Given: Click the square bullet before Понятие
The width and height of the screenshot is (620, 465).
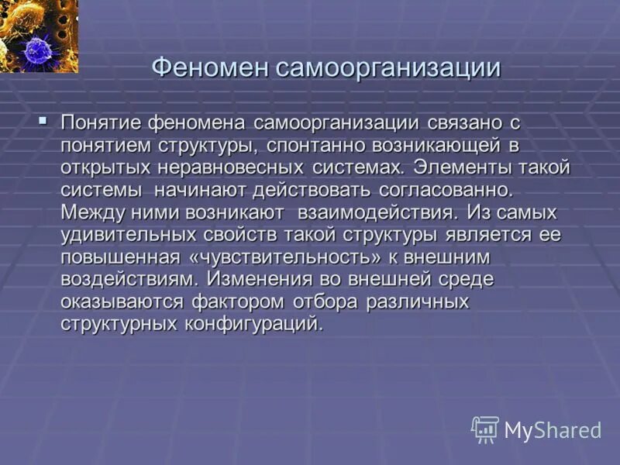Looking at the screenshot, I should [43, 121].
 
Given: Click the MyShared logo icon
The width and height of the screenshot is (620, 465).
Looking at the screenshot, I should [485, 429].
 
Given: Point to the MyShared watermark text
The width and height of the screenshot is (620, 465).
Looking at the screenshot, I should [553, 430].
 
